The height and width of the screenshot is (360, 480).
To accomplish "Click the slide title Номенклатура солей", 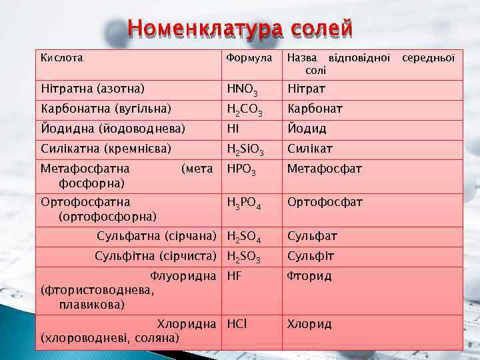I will tap(240, 29).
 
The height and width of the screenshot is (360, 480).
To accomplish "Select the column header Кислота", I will tap(62, 58).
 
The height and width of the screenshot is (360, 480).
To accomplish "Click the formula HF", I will tap(235, 276).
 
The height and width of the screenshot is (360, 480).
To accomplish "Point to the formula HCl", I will tap(237, 324).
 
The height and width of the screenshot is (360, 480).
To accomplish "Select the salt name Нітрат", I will tap(305, 89).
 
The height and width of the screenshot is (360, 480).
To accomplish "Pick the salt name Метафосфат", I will tap(325, 169).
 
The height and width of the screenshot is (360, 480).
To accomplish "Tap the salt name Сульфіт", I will tap(311, 256).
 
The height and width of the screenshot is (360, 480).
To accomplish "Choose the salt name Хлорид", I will tap(309, 324).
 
